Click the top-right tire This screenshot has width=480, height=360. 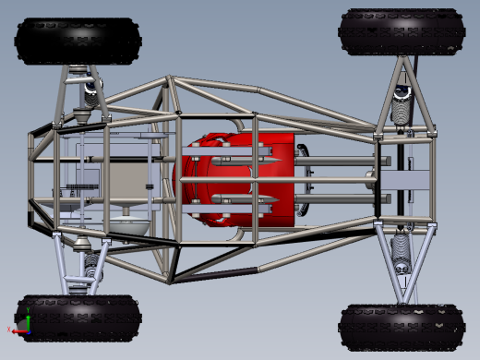402,31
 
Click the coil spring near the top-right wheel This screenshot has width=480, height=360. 402,104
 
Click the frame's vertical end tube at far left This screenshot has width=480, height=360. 32,180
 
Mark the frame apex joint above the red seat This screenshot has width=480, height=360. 169,80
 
